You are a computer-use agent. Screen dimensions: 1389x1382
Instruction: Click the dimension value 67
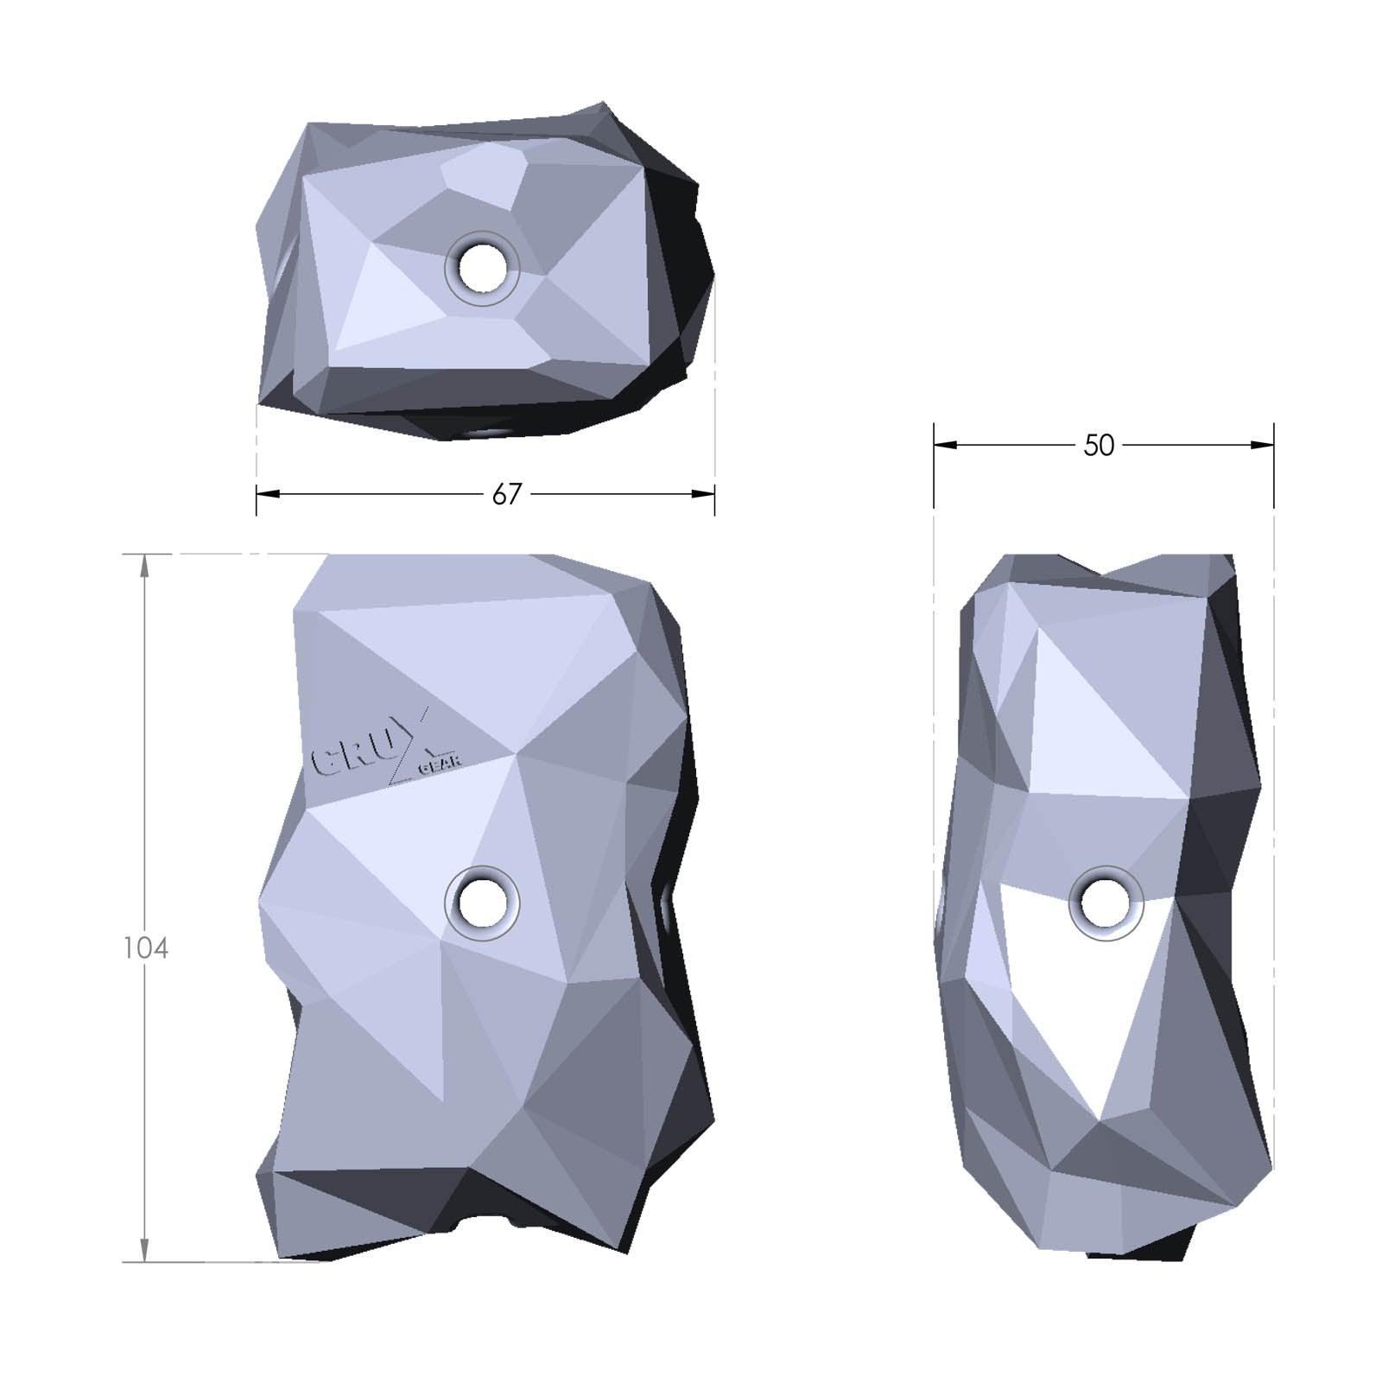point(507,494)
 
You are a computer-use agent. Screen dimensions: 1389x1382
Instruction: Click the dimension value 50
point(1099,445)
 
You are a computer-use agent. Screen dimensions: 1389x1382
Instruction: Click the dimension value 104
point(146,948)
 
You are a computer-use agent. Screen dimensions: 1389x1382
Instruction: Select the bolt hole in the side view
point(1106,904)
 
